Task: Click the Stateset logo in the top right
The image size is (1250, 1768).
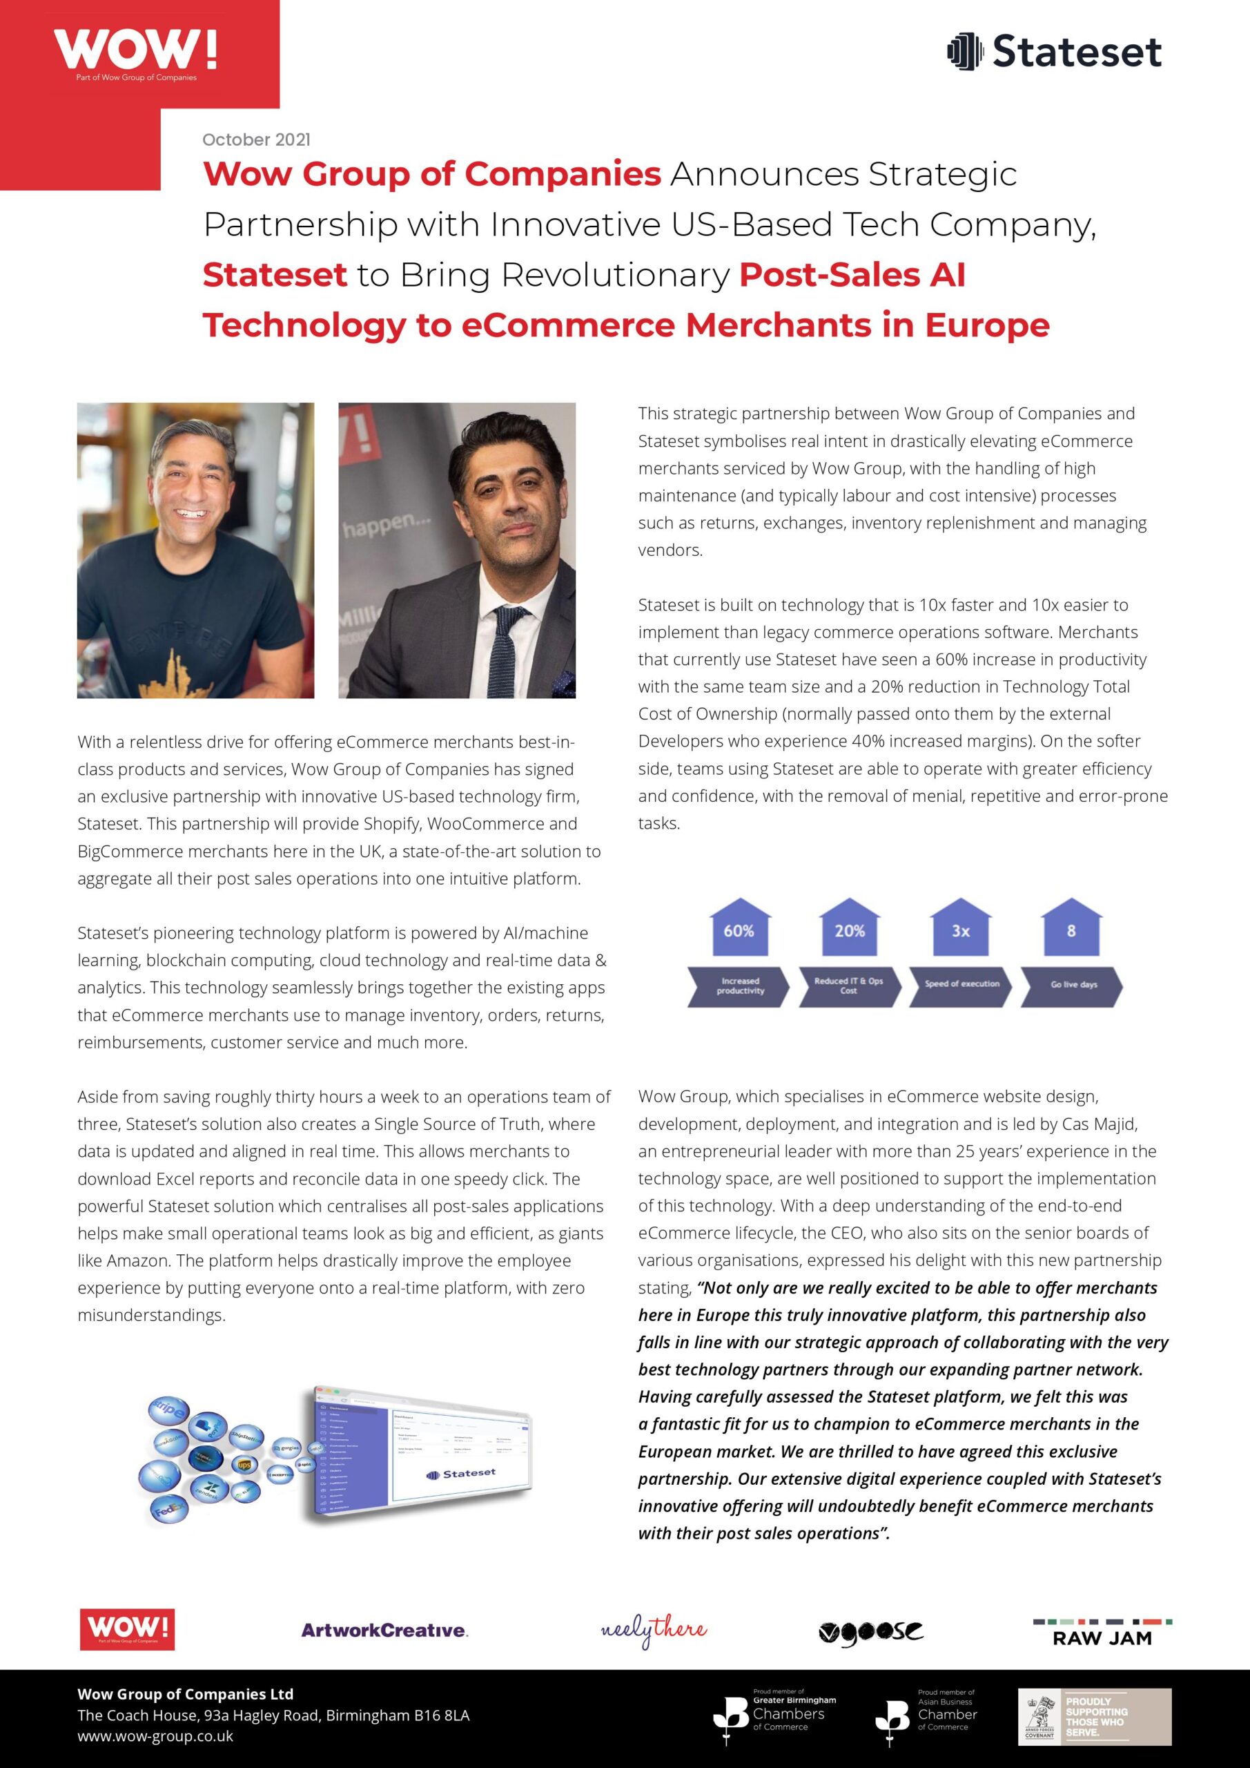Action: coord(1054,52)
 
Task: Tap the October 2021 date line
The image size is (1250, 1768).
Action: coord(256,140)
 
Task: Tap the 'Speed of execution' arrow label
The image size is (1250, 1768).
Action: coord(961,985)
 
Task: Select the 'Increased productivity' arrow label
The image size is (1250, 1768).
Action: coord(740,986)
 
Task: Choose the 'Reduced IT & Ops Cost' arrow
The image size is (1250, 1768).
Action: coord(849,986)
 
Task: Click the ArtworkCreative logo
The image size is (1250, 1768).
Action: coord(384,1630)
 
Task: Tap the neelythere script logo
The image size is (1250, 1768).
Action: coord(654,1630)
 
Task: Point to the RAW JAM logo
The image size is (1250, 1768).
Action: coord(1102,1633)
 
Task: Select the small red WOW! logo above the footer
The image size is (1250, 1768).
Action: coord(127,1630)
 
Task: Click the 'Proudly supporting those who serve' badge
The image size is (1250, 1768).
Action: coord(1095,1716)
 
